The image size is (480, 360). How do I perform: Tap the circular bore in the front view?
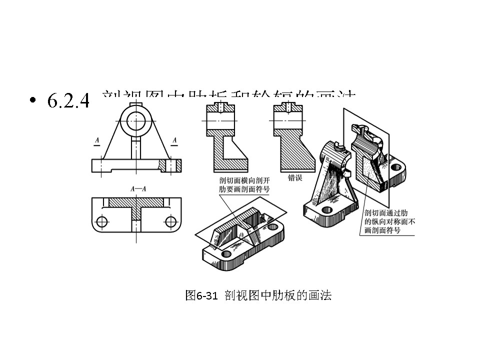pyautogui.click(x=135, y=119)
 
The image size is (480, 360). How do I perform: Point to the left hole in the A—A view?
pyautogui.click(x=102, y=221)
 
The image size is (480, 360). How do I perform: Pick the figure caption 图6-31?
pyautogui.click(x=201, y=295)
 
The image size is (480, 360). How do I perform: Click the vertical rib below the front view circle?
pyautogui.click(x=135, y=148)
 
